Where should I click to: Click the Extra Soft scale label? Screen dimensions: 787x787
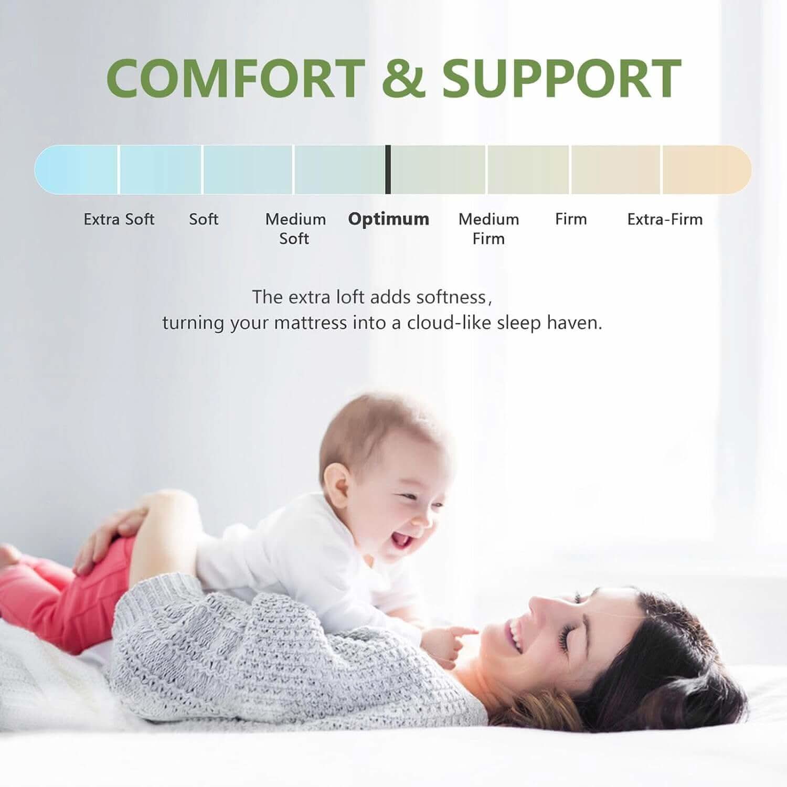click(x=119, y=219)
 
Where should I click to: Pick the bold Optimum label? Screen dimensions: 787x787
click(x=388, y=219)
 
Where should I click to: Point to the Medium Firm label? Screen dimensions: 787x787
click(x=488, y=228)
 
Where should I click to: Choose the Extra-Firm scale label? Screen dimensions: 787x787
click(x=665, y=219)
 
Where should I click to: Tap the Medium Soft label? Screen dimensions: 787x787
click(x=295, y=228)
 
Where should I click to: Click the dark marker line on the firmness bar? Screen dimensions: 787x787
click(x=388, y=169)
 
